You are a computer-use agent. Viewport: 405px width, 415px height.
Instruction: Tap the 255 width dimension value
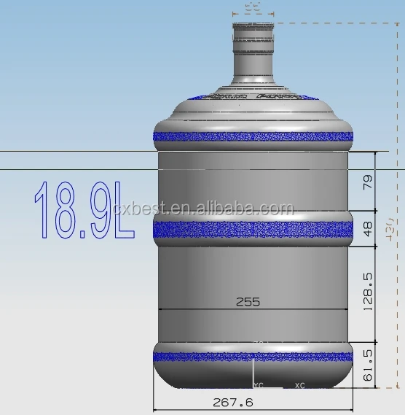coord(248,300)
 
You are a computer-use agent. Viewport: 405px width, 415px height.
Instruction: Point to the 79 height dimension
coord(368,181)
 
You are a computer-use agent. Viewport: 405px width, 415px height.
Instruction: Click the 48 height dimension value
coord(368,229)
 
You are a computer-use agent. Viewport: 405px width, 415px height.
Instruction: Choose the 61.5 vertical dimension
coord(368,362)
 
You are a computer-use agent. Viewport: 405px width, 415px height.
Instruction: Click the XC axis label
coord(299,384)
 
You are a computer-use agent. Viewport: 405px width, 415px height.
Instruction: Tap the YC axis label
coord(258,384)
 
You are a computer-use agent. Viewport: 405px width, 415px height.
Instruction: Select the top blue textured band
coord(252,136)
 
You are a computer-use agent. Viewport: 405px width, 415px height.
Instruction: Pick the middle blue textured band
coord(252,230)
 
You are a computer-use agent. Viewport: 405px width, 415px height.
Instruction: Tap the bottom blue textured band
coord(252,357)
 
